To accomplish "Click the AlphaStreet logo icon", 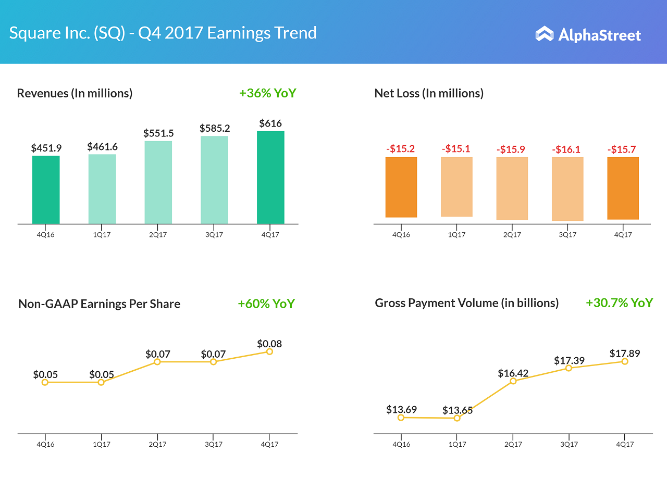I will [x=544, y=34].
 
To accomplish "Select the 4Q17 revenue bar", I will [x=270, y=177].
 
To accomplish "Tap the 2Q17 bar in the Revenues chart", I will [x=158, y=182].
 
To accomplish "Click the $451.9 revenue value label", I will [x=45, y=148].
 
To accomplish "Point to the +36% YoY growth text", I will [x=267, y=93].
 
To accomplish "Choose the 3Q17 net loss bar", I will [x=567, y=188].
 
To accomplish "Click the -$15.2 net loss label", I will [x=401, y=149].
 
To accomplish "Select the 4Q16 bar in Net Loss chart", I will [x=401, y=187].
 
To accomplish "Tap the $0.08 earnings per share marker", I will [x=269, y=351].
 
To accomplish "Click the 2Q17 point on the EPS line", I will [x=157, y=361].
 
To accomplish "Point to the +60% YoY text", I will [x=266, y=304].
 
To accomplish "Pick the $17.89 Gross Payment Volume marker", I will [x=625, y=361].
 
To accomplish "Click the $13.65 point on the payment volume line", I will [x=457, y=418].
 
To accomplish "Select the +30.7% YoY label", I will [x=619, y=303].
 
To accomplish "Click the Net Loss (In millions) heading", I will [x=429, y=93].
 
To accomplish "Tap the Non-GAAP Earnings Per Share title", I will [x=99, y=304].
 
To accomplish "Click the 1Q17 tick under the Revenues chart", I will [x=102, y=235].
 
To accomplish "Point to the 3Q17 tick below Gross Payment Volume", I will [x=568, y=445].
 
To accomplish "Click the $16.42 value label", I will [x=513, y=373].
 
